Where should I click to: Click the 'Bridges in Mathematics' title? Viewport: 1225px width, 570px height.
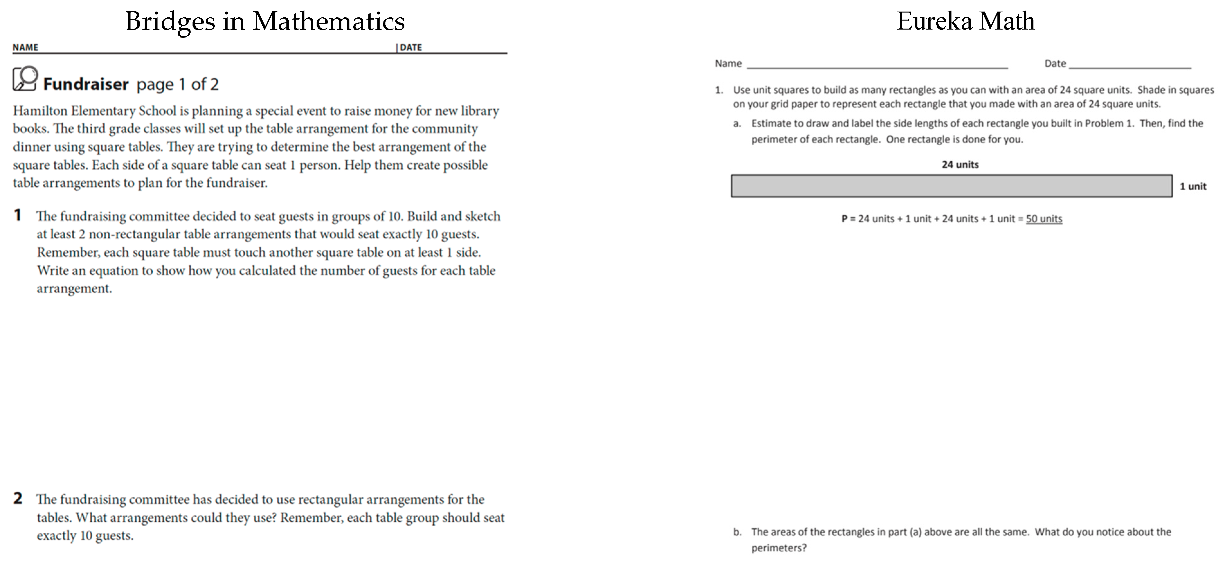[x=265, y=22]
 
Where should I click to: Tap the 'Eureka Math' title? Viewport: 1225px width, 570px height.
[x=965, y=22]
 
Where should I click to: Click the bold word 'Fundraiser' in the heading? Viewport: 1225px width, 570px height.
[x=86, y=84]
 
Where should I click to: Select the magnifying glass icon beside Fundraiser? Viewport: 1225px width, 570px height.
[x=25, y=78]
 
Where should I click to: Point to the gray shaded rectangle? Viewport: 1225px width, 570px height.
[x=951, y=186]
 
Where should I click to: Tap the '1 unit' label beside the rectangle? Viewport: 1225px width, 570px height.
[x=1193, y=186]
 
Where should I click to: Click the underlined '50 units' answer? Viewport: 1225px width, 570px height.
[x=1044, y=219]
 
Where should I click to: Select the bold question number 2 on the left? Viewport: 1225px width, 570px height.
[x=18, y=498]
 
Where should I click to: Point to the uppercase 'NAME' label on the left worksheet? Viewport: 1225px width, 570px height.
[x=25, y=47]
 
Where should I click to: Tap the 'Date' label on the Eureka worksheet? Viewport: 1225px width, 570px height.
[x=1055, y=63]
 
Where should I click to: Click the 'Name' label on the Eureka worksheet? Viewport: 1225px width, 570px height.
[x=728, y=63]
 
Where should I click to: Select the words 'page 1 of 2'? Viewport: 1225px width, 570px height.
[x=177, y=84]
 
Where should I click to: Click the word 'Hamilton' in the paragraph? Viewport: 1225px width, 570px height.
[x=40, y=111]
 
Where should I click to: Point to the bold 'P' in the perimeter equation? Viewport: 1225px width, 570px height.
[x=844, y=219]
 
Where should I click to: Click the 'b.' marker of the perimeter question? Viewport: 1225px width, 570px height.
[x=737, y=532]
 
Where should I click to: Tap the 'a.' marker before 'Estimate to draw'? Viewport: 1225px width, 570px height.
[x=737, y=124]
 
